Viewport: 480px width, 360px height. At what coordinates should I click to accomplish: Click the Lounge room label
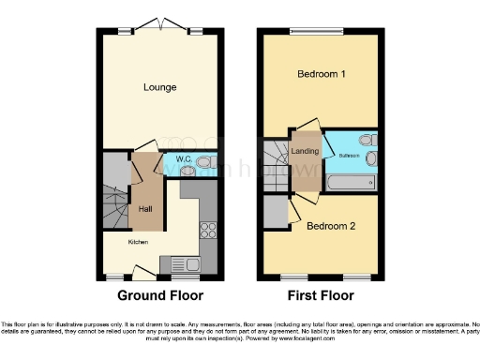[x=160, y=87]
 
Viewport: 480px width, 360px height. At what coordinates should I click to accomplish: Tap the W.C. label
[x=184, y=160]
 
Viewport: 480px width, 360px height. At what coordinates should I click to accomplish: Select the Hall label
[x=146, y=208]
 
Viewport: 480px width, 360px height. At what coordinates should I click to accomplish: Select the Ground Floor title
[x=159, y=295]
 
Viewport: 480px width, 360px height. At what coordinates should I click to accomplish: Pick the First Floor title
[x=320, y=295]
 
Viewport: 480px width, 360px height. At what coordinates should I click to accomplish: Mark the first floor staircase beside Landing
[x=276, y=159]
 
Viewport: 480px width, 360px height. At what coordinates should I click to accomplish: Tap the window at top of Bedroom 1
[x=320, y=32]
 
